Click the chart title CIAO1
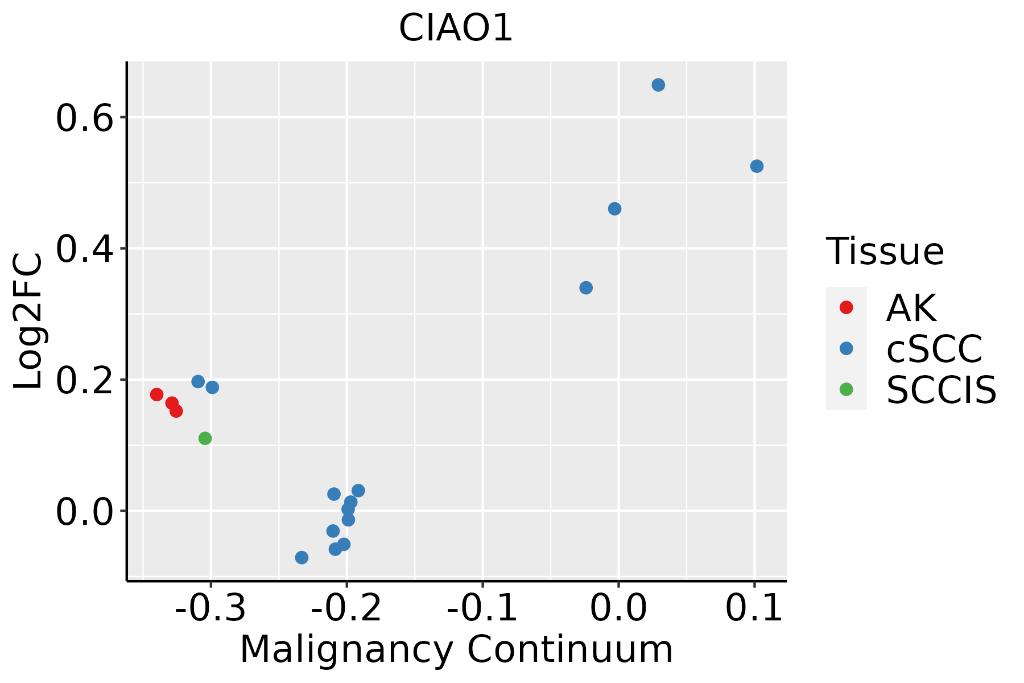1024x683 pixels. [456, 28]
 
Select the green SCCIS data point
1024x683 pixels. [205, 438]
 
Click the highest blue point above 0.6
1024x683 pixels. [658, 85]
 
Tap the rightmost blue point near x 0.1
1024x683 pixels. [757, 166]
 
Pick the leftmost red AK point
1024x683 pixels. [157, 394]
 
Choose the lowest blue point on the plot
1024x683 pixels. [302, 557]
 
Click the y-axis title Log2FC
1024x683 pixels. [28, 322]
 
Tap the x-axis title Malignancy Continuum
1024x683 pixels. [456, 650]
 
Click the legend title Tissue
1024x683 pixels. [885, 252]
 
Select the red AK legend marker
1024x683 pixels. [846, 307]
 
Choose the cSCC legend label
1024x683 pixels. [934, 349]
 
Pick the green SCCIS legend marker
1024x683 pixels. [846, 389]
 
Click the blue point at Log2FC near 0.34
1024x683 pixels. [586, 288]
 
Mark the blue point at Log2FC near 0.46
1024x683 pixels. [614, 209]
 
